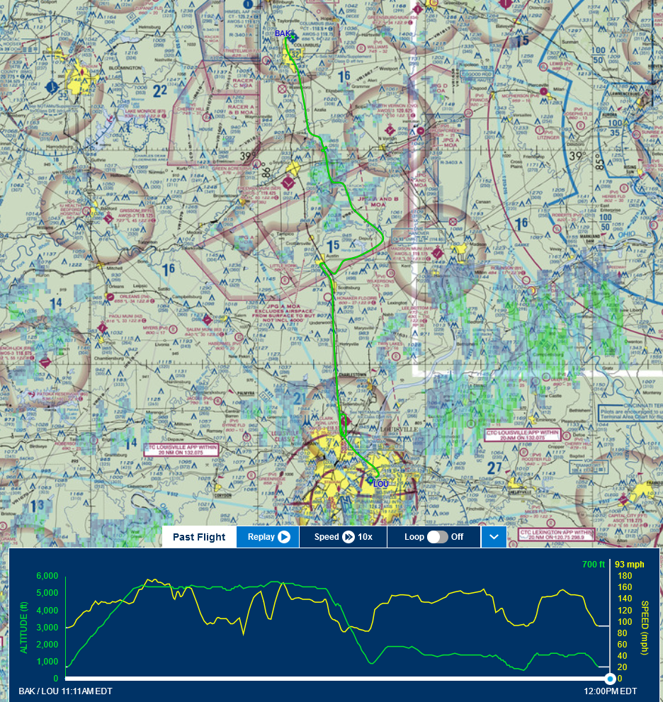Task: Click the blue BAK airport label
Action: pyautogui.click(x=283, y=33)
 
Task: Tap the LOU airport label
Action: pyautogui.click(x=381, y=483)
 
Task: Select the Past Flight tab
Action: pyautogui.click(x=199, y=537)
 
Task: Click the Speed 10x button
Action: pyautogui.click(x=343, y=537)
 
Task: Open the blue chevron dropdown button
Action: pyautogui.click(x=494, y=537)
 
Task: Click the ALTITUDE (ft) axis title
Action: pyautogui.click(x=23, y=627)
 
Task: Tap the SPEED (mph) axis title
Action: pyautogui.click(x=645, y=627)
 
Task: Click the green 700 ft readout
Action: pyautogui.click(x=593, y=565)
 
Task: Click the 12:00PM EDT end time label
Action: pyautogui.click(x=610, y=691)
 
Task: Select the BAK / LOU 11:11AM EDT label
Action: pyautogui.click(x=65, y=691)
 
